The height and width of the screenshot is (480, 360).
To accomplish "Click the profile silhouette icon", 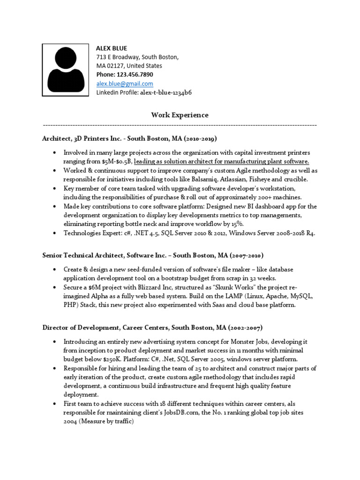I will coord(66,70).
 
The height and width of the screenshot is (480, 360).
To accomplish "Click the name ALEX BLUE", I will coord(112,48).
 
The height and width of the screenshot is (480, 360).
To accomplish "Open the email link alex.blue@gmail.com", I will coord(125,84).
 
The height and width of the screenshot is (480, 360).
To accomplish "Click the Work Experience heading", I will coord(180,115).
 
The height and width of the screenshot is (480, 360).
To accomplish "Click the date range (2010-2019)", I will coord(200,139).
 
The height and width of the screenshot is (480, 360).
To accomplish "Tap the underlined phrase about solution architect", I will coord(221,161).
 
